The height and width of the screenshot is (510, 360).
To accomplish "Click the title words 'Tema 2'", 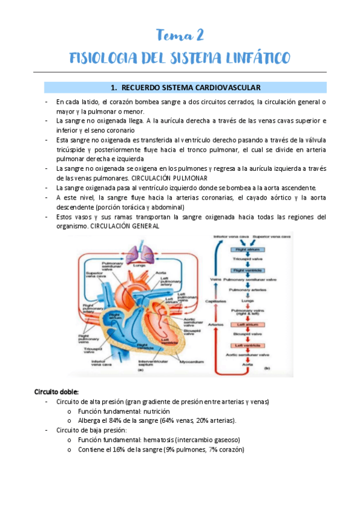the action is click(x=180, y=34).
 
